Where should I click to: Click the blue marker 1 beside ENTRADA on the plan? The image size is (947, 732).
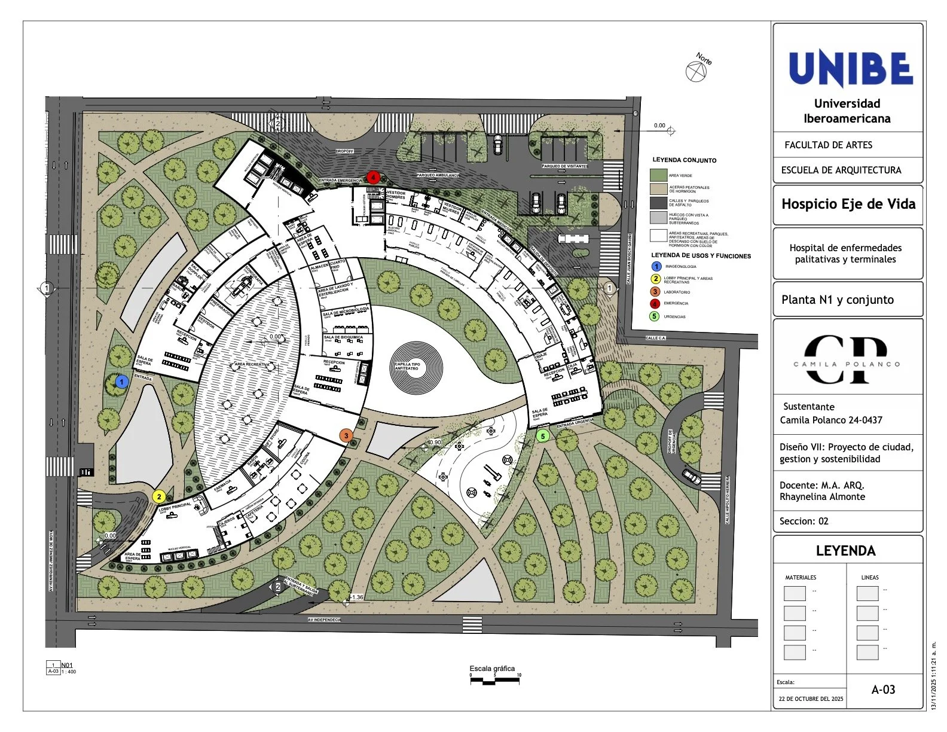pyautogui.click(x=122, y=381)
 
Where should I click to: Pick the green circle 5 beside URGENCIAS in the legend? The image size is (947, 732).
pyautogui.click(x=656, y=316)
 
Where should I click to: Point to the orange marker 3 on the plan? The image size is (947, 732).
pyautogui.click(x=346, y=436)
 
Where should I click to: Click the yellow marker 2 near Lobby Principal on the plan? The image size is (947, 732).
pyautogui.click(x=159, y=496)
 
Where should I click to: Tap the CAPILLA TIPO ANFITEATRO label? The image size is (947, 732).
pyautogui.click(x=407, y=366)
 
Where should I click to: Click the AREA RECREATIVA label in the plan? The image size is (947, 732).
pyautogui.click(x=252, y=364)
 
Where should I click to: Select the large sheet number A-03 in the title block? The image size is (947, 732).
pyautogui.click(x=883, y=690)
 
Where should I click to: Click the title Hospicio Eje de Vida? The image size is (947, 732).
pyautogui.click(x=848, y=204)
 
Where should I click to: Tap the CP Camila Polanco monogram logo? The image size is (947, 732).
pyautogui.click(x=846, y=359)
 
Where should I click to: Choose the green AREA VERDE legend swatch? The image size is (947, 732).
pyautogui.click(x=658, y=175)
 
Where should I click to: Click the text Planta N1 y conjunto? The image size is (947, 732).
pyautogui.click(x=838, y=300)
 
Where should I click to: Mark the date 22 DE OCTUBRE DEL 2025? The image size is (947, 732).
pyautogui.click(x=811, y=699)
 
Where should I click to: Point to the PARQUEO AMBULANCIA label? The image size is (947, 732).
pyautogui.click(x=438, y=175)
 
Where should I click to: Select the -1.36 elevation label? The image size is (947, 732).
pyautogui.click(x=356, y=597)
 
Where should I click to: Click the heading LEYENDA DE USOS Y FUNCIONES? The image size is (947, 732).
pyautogui.click(x=701, y=256)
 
